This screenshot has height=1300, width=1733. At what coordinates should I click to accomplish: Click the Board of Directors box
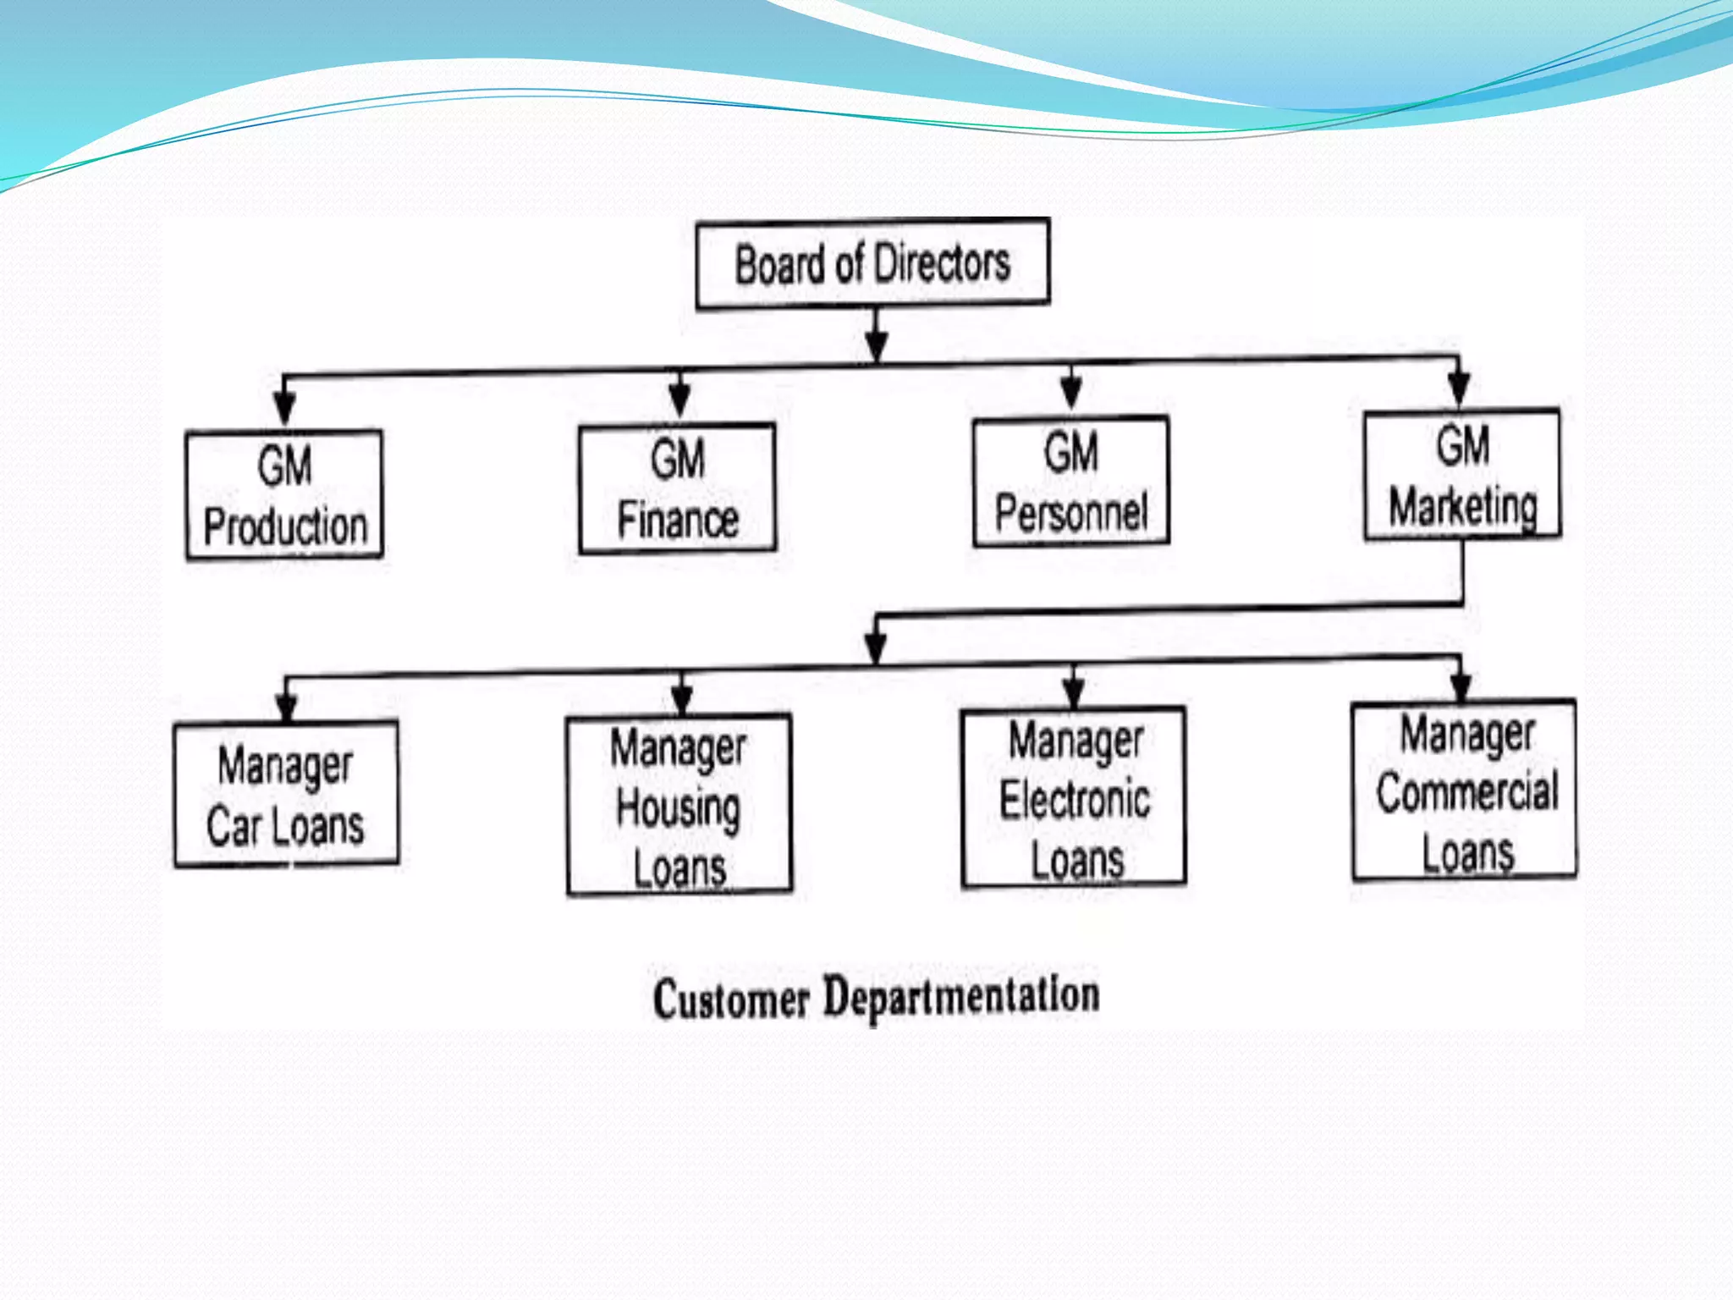point(872,264)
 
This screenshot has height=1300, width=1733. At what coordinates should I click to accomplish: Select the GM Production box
point(284,495)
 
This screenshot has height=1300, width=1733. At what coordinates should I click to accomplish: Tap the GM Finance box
point(677,488)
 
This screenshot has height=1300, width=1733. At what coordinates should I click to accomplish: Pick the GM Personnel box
point(1071,482)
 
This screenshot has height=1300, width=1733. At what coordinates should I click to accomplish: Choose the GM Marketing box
point(1462,475)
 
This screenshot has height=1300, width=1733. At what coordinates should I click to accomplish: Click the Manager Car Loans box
point(286,794)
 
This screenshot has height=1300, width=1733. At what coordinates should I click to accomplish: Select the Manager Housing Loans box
point(679,805)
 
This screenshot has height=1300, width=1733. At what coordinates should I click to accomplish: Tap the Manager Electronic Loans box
point(1074,797)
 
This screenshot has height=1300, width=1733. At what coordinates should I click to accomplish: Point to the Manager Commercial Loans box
point(1465,790)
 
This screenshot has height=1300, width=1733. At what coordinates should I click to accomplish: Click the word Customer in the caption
point(731,999)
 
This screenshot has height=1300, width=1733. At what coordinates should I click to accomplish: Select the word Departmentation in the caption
point(961,995)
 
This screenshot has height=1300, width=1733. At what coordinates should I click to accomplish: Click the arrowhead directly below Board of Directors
point(877,344)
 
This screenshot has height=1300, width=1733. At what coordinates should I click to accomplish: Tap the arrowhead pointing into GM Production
point(285,407)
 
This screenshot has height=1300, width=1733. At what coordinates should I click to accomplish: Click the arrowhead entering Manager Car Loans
point(287,705)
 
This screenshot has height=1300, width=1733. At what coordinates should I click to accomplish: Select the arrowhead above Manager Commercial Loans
point(1461,685)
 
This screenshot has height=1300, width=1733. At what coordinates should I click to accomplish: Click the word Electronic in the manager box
point(1075,801)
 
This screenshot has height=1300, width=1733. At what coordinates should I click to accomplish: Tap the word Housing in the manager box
point(679,808)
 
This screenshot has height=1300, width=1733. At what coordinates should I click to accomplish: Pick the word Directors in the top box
point(943,263)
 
